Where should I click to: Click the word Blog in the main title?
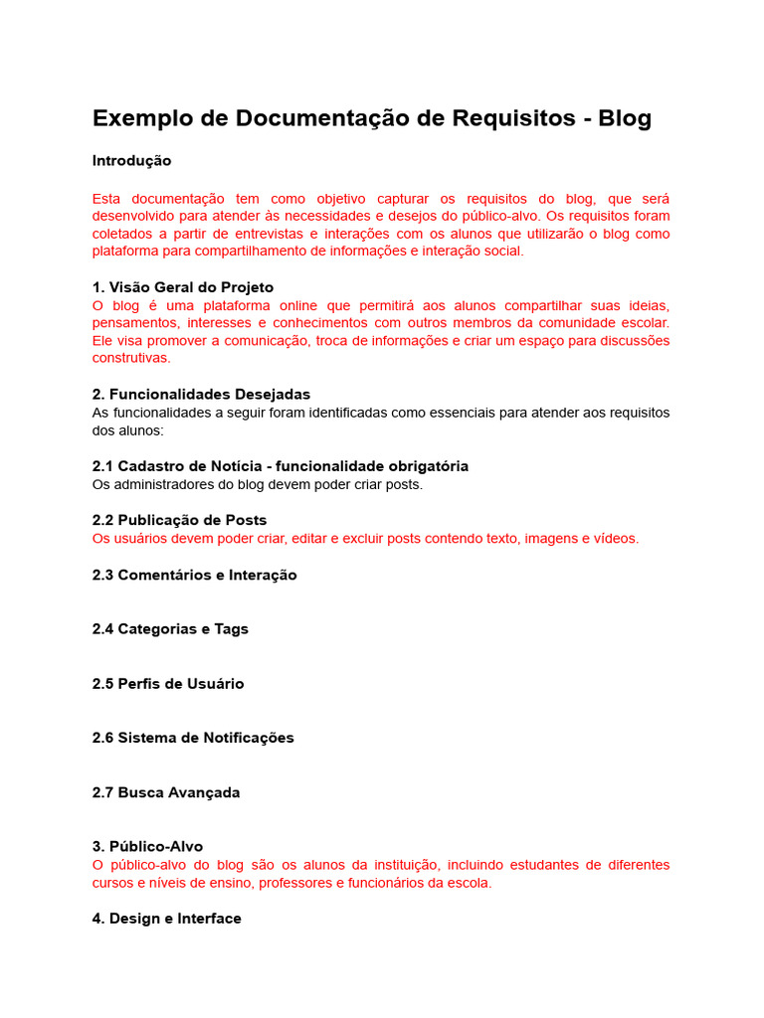coord(624,118)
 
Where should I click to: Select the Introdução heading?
coord(131,161)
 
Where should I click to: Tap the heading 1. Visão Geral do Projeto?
coord(182,287)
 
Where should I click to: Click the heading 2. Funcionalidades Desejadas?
coord(201,395)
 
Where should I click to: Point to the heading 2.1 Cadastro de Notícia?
coord(179,466)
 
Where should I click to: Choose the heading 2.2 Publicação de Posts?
coord(179,520)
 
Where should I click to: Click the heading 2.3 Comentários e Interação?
coord(194,575)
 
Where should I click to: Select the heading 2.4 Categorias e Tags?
coord(170,629)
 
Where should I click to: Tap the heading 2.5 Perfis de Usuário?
coord(167,684)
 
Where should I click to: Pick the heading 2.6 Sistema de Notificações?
coord(193,738)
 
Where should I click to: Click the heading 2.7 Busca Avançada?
coord(166,792)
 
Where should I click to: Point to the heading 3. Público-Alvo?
coord(147,847)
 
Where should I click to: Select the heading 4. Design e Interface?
coord(166,919)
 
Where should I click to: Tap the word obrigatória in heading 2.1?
coord(419,466)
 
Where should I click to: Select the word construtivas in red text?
coord(131,358)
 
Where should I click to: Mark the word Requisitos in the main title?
coord(514,118)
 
